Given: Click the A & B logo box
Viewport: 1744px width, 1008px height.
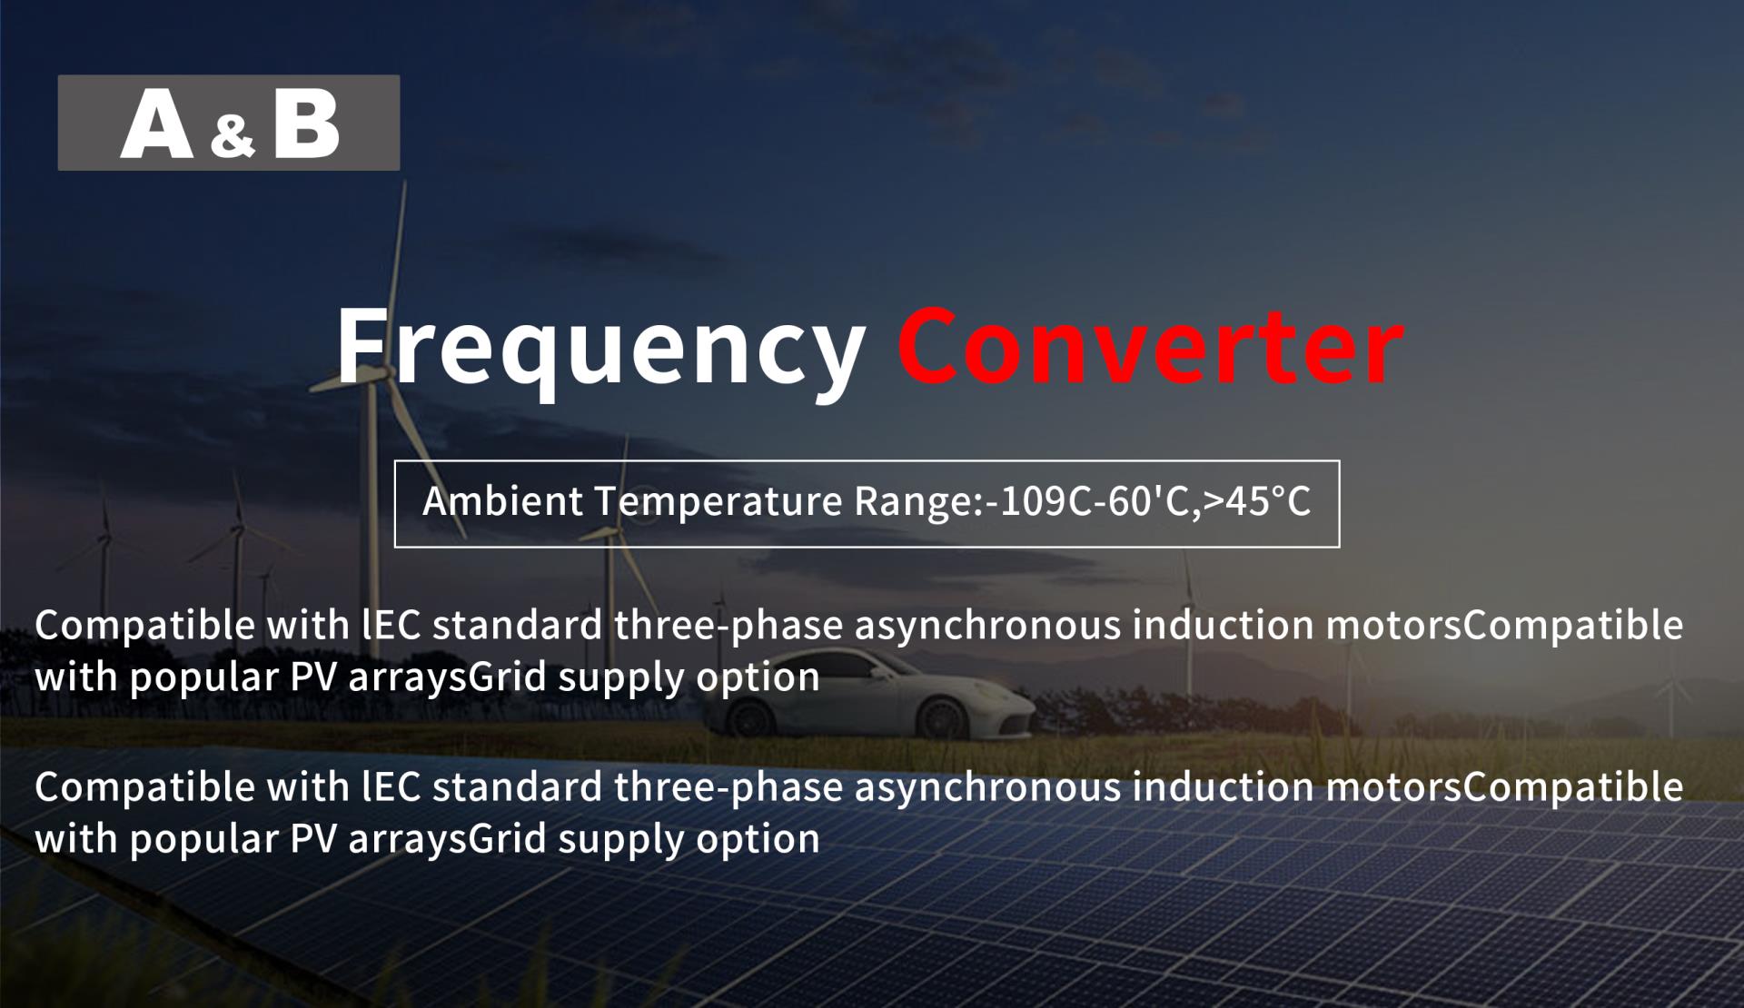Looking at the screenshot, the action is click(229, 123).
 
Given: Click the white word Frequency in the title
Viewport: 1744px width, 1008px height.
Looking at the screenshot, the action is click(600, 350).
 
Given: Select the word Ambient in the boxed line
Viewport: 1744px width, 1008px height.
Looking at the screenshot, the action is click(502, 501).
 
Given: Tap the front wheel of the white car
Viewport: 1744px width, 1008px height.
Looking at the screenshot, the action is click(941, 718).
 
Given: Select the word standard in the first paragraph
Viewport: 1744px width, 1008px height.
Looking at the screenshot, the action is click(517, 625).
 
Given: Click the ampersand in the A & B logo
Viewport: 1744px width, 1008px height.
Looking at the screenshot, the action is click(233, 135).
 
